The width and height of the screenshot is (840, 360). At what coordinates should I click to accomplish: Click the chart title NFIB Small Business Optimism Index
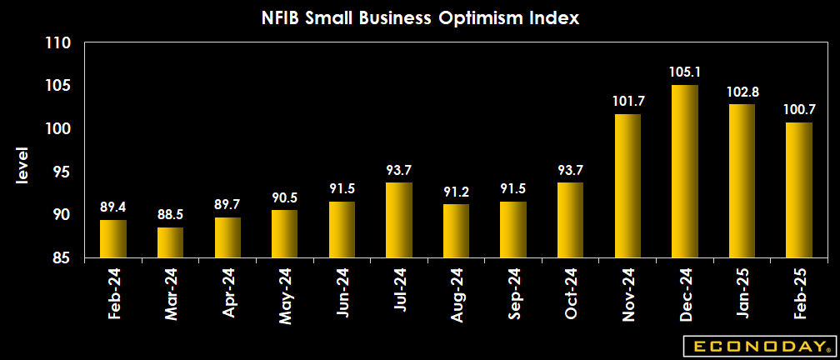pos(419,17)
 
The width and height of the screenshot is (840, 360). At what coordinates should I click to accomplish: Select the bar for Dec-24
pos(685,172)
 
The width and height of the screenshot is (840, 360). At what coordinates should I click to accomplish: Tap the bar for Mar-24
pos(170,242)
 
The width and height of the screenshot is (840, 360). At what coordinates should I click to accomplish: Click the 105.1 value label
pos(685,72)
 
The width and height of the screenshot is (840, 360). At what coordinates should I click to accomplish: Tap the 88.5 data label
pos(170,215)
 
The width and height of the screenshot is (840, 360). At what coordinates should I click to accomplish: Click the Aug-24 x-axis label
pos(457,293)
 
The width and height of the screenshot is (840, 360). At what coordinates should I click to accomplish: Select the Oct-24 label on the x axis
pos(571,293)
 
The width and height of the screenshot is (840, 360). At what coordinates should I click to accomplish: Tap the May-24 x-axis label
pos(284,293)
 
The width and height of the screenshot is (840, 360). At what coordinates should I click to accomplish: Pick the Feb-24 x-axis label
pos(112,293)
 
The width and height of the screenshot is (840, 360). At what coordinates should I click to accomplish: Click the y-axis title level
pos(22,166)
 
